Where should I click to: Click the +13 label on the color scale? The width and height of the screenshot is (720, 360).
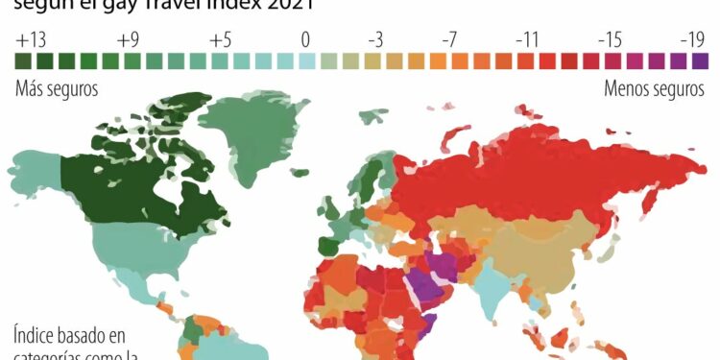[31, 40]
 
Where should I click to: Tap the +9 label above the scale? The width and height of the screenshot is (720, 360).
[129, 40]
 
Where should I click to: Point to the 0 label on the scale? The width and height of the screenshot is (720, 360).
[304, 40]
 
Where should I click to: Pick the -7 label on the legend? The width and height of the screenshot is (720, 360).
[449, 40]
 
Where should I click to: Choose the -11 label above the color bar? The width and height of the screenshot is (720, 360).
[528, 40]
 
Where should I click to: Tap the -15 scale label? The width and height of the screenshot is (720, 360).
[611, 40]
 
